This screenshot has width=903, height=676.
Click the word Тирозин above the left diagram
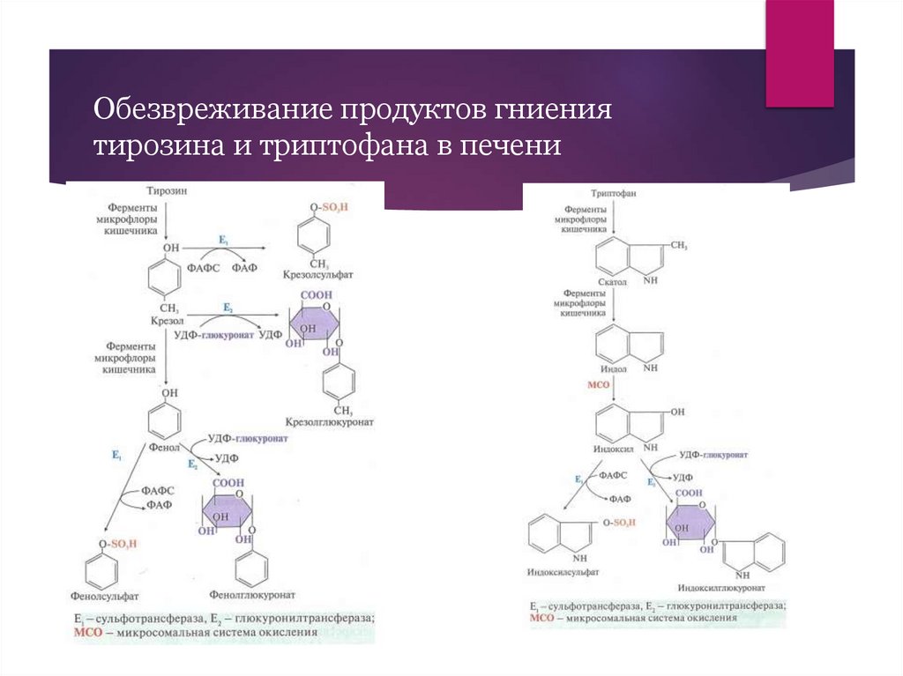[x=168, y=189]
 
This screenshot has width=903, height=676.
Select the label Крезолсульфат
[x=318, y=275]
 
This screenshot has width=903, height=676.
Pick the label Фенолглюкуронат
[x=253, y=595]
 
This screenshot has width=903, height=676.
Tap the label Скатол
[x=611, y=283]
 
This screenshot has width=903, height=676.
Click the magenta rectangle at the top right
[x=799, y=53]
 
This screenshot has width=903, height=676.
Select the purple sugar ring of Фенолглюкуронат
[x=226, y=510]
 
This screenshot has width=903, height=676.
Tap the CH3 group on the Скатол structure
[x=678, y=245]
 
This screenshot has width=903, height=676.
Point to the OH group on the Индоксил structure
[x=676, y=411]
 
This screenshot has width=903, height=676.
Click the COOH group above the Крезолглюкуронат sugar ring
[x=315, y=295]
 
